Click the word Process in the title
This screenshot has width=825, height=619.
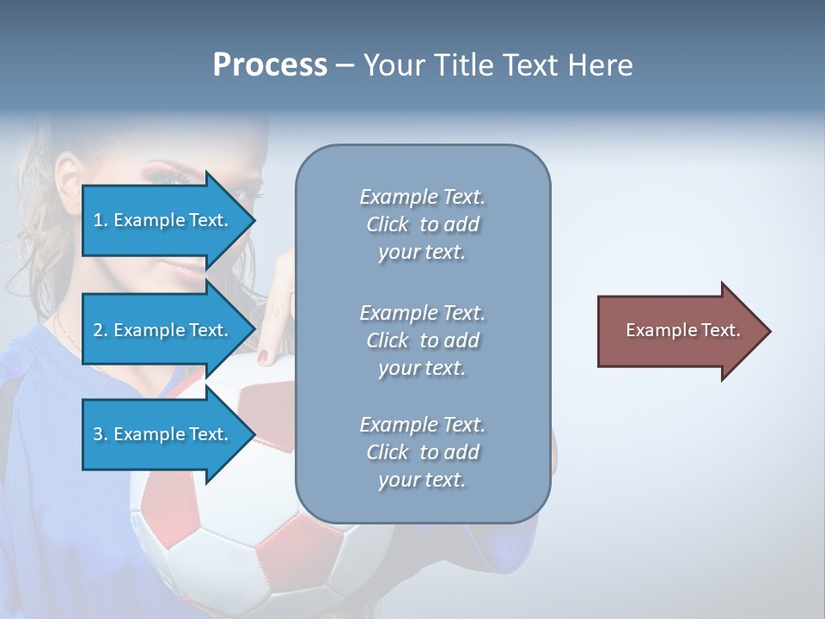[x=270, y=65]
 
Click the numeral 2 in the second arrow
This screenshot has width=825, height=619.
[x=98, y=330]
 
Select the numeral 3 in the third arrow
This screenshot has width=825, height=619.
[x=98, y=434]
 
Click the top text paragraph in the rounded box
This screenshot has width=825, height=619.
[x=422, y=224]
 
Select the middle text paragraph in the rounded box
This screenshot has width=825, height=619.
[x=422, y=340]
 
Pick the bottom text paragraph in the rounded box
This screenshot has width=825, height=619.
[x=422, y=452]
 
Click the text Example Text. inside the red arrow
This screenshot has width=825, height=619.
[x=682, y=330]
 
